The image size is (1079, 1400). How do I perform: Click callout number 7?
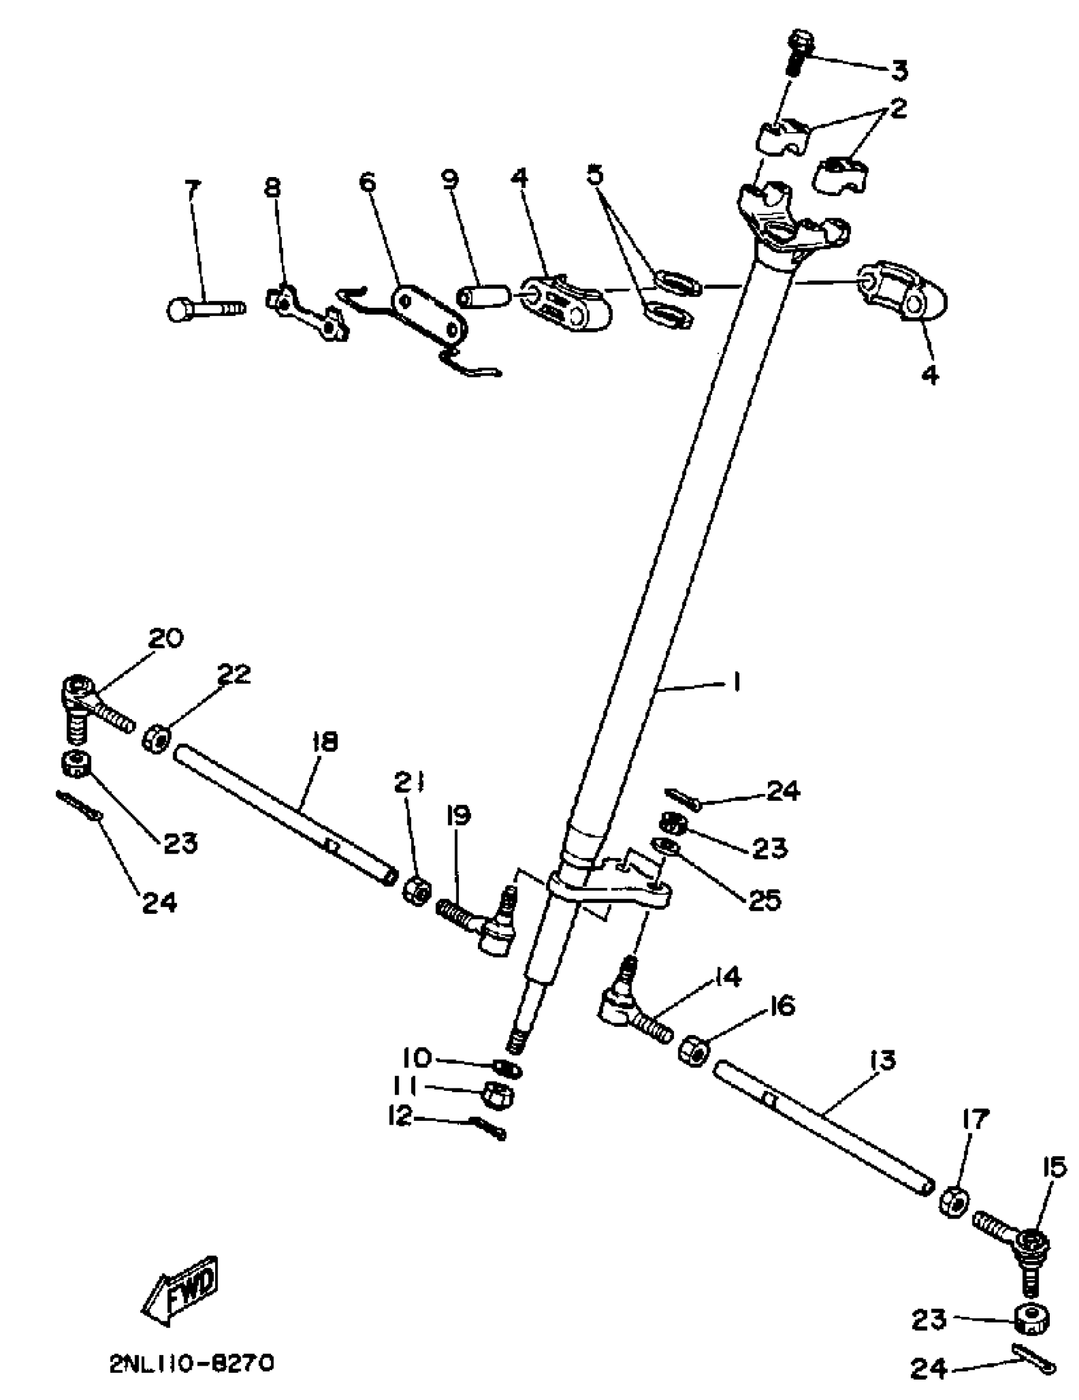192,189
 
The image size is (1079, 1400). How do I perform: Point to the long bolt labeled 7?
205,309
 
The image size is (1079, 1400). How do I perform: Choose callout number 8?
272,187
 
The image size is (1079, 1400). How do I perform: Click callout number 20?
166,638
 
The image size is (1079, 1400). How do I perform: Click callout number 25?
763,901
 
